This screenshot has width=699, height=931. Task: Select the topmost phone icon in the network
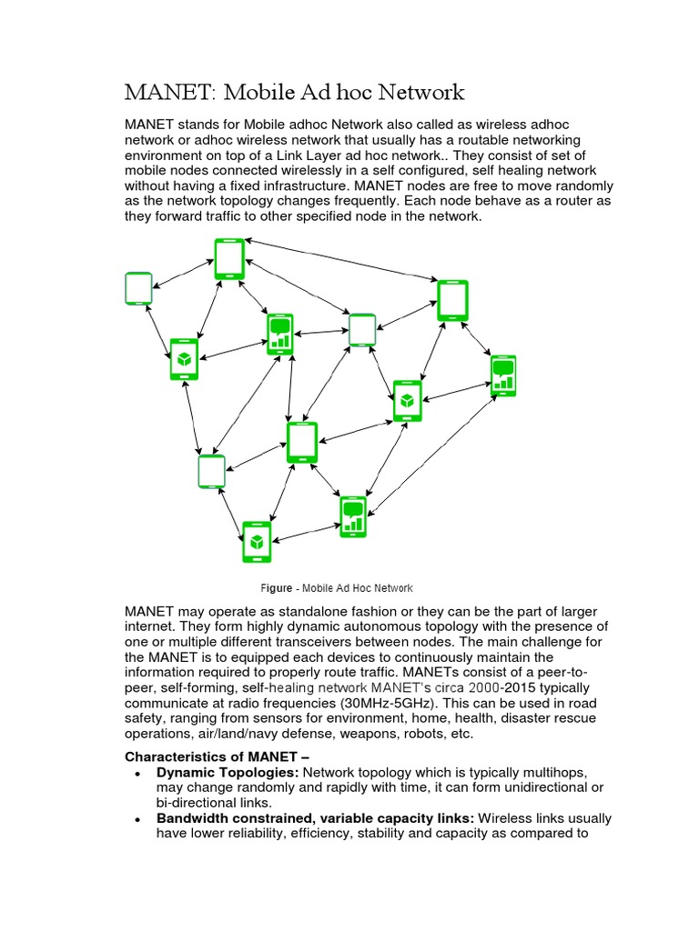[229, 258]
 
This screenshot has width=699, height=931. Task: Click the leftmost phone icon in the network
[138, 288]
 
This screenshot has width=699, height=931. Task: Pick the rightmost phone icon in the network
[502, 376]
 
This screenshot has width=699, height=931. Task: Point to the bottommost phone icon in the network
[257, 542]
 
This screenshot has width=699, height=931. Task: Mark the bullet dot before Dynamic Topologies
[137, 773]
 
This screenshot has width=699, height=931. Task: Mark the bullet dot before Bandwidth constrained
[137, 819]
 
